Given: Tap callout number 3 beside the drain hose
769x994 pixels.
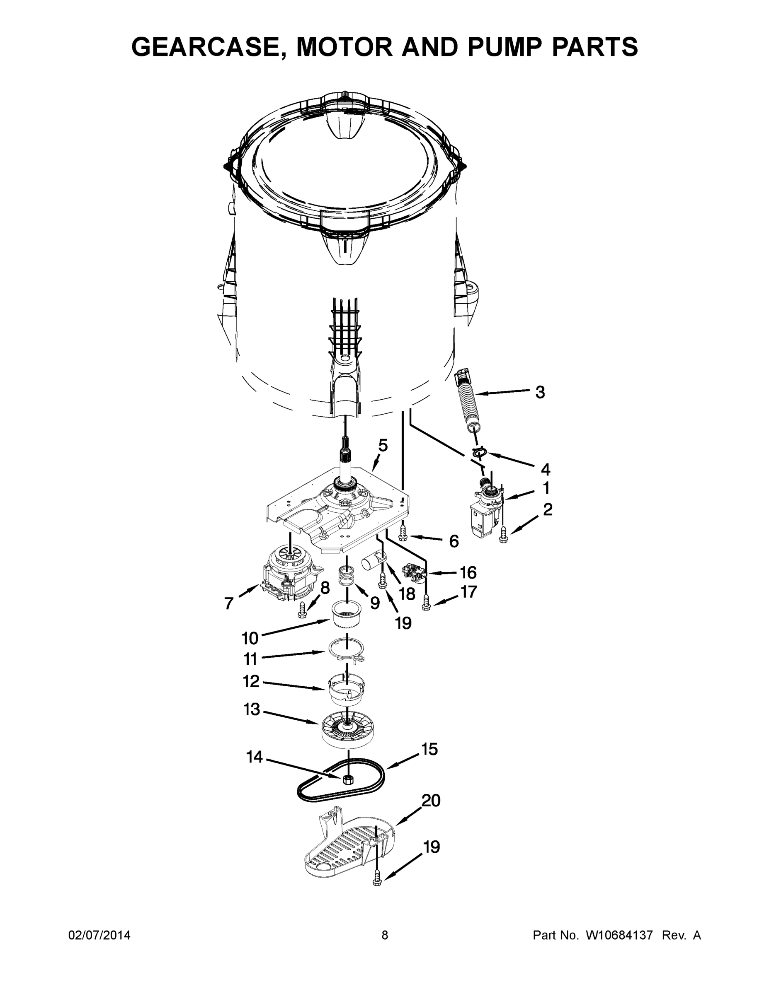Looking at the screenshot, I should [x=540, y=392].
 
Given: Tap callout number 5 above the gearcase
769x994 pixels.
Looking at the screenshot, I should [x=383, y=445].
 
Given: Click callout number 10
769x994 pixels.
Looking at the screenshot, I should [x=250, y=638].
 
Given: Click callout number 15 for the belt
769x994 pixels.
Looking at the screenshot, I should [x=429, y=749].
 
